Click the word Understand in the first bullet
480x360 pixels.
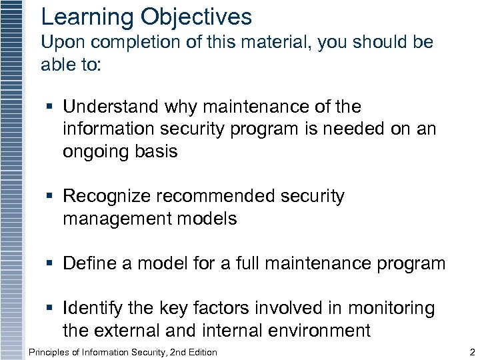[111, 107]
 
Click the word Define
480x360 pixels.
[89, 264]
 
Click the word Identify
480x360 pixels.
[92, 309]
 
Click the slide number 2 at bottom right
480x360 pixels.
[471, 352]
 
